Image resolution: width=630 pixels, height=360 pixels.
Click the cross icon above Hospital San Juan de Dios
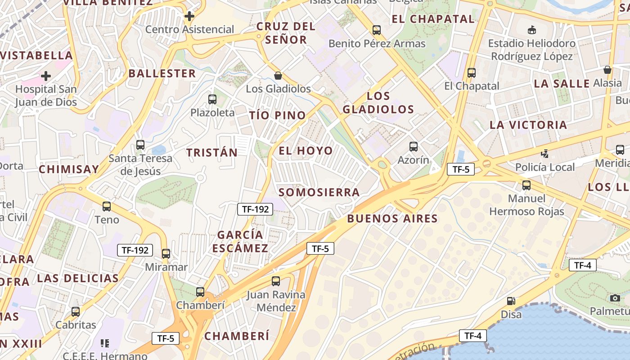[x=46, y=76]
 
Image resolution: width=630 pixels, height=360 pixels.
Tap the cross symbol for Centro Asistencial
[x=189, y=16]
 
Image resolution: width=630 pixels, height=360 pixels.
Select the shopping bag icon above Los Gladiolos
[x=278, y=75]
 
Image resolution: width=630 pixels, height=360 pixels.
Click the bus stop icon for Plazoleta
[x=212, y=99]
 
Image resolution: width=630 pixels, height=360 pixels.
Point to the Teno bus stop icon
[x=107, y=207]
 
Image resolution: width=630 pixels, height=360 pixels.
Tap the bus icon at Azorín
[x=413, y=146]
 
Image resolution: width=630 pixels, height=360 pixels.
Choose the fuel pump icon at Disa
[x=511, y=301]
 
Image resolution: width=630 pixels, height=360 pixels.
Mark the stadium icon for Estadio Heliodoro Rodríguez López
[x=532, y=30]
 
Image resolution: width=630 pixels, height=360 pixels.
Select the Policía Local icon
[x=544, y=153]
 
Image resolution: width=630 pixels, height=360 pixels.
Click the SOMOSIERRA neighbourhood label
[x=319, y=193]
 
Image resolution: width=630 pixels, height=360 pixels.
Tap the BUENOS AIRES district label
[x=392, y=219]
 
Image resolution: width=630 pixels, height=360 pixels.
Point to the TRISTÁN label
[x=212, y=153]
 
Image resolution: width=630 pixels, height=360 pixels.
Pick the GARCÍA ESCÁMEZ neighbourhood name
[x=240, y=241]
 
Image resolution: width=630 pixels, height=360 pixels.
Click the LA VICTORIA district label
[x=528, y=125]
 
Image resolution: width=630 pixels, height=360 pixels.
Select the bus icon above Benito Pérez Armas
[x=377, y=30]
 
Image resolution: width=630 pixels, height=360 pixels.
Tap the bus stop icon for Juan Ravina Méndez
[x=276, y=281]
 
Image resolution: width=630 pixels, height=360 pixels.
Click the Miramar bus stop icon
[x=166, y=253]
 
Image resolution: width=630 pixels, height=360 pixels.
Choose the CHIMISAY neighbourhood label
[x=69, y=170]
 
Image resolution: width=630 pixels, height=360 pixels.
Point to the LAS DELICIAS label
[x=78, y=278]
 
